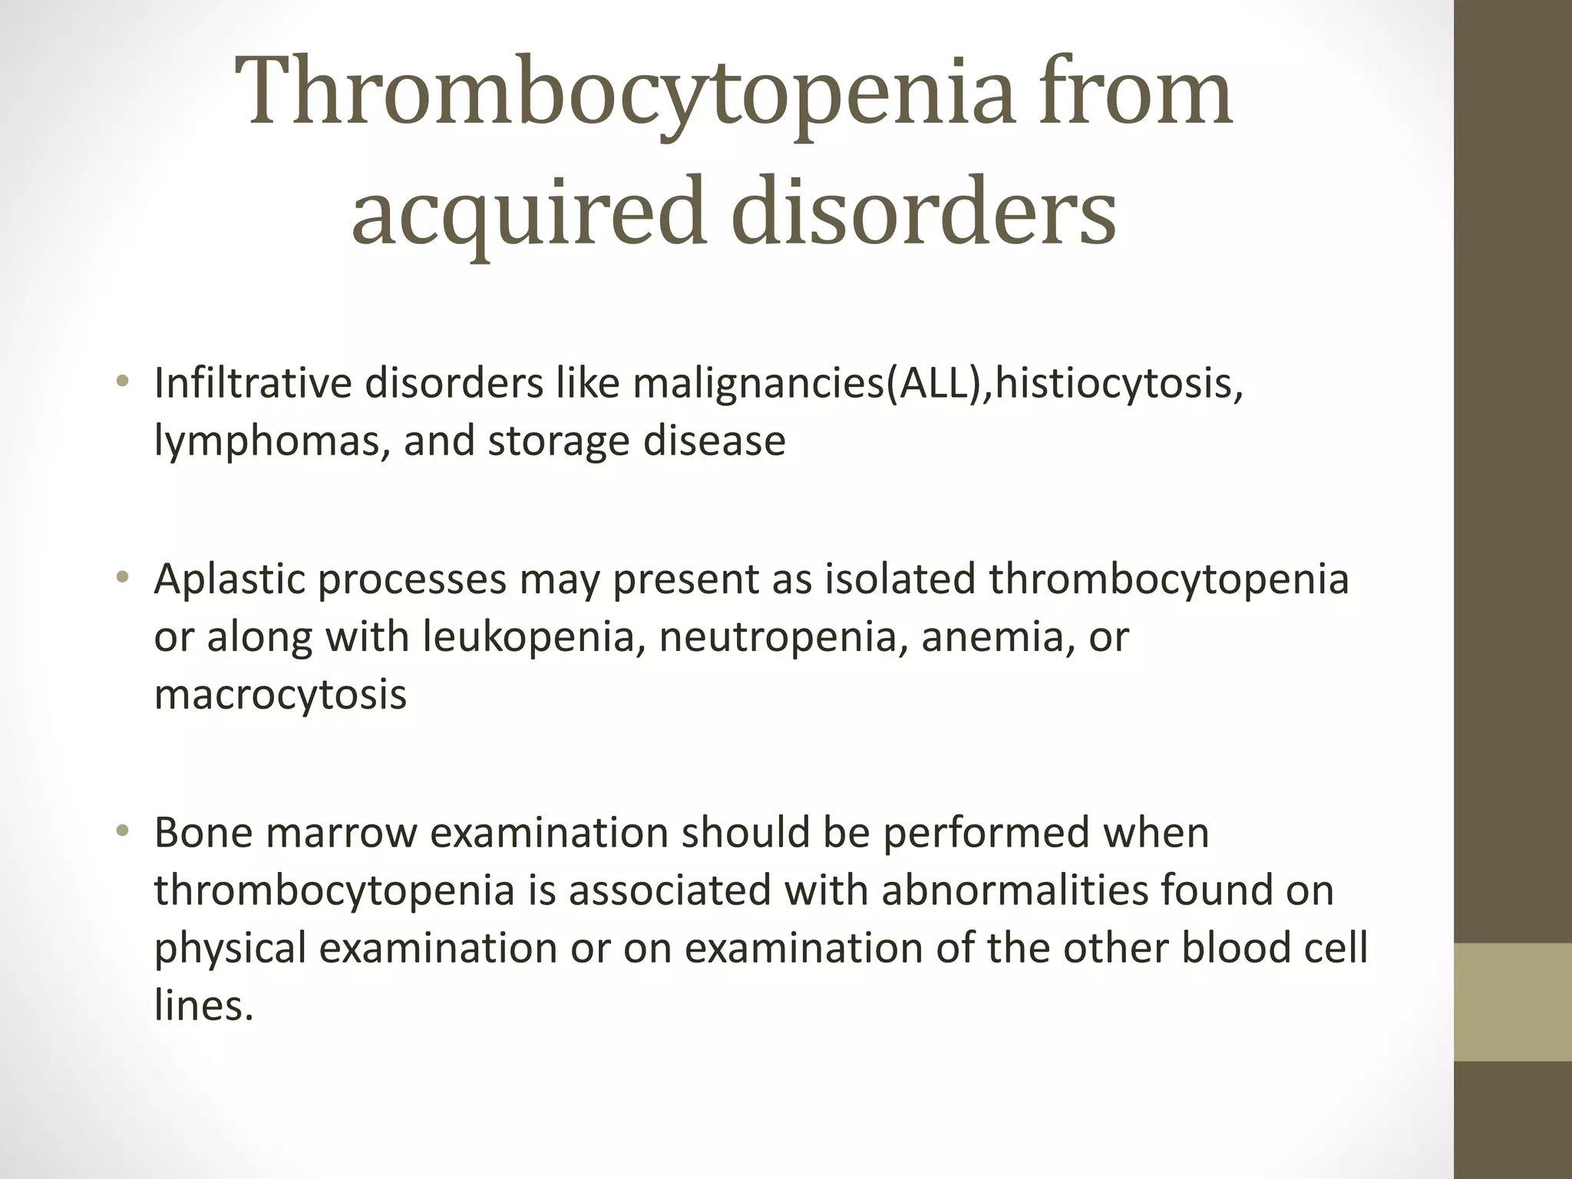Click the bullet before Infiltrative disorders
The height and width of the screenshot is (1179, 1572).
(x=121, y=381)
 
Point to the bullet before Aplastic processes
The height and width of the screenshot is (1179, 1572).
(x=121, y=578)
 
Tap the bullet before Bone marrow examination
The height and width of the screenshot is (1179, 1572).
(x=121, y=831)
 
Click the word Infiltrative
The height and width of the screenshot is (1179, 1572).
(x=253, y=383)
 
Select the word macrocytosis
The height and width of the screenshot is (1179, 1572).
(x=280, y=694)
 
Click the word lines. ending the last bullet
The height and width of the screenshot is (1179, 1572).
(x=203, y=1005)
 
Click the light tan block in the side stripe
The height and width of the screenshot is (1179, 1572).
(x=1513, y=1002)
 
